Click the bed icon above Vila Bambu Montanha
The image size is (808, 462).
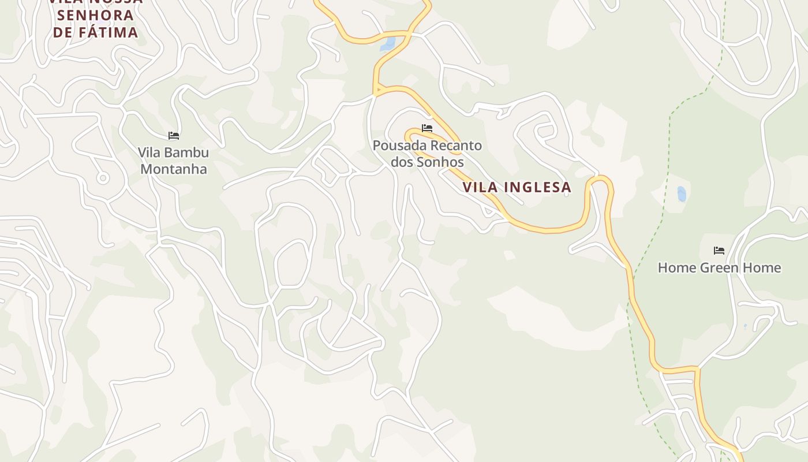pyautogui.click(x=174, y=136)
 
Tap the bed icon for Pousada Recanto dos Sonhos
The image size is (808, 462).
pyautogui.click(x=427, y=128)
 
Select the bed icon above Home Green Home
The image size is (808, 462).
pyautogui.click(x=719, y=251)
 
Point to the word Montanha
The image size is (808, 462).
pyautogui.click(x=174, y=169)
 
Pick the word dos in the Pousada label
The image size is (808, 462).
pyautogui.click(x=403, y=162)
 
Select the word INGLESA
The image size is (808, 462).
pyautogui.click(x=538, y=187)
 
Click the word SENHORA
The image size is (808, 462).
pyautogui.click(x=95, y=14)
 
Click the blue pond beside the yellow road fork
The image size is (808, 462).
pyautogui.click(x=388, y=44)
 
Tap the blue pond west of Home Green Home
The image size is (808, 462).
pyautogui.click(x=682, y=194)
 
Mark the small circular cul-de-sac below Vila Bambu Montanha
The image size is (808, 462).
pyautogui.click(x=103, y=178)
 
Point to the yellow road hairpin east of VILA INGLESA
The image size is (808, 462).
pyautogui.click(x=600, y=180)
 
